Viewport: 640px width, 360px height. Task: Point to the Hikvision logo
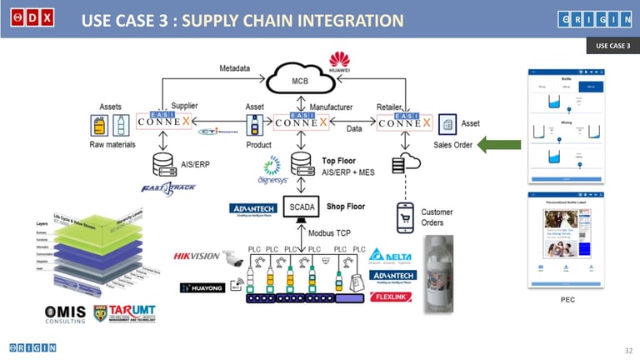197,256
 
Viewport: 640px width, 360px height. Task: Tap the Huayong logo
203,288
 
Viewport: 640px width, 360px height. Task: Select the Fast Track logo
170,187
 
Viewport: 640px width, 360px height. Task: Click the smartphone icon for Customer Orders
407,216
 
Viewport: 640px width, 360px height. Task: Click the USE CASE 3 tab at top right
612,46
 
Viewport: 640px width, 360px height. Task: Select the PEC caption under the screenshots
567,298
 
